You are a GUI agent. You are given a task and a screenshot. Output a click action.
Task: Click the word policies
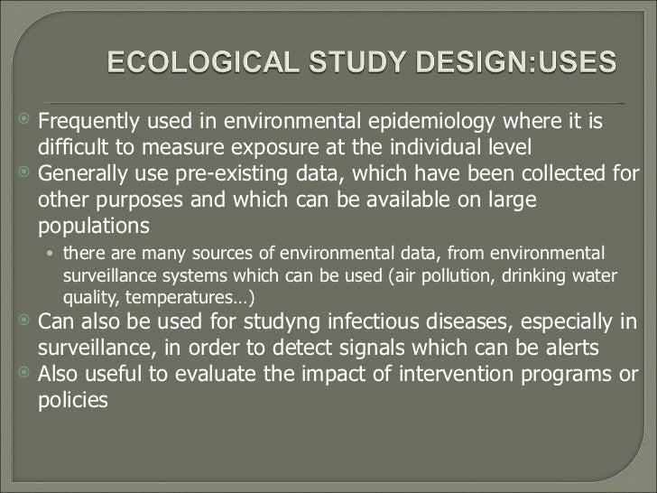72,400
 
